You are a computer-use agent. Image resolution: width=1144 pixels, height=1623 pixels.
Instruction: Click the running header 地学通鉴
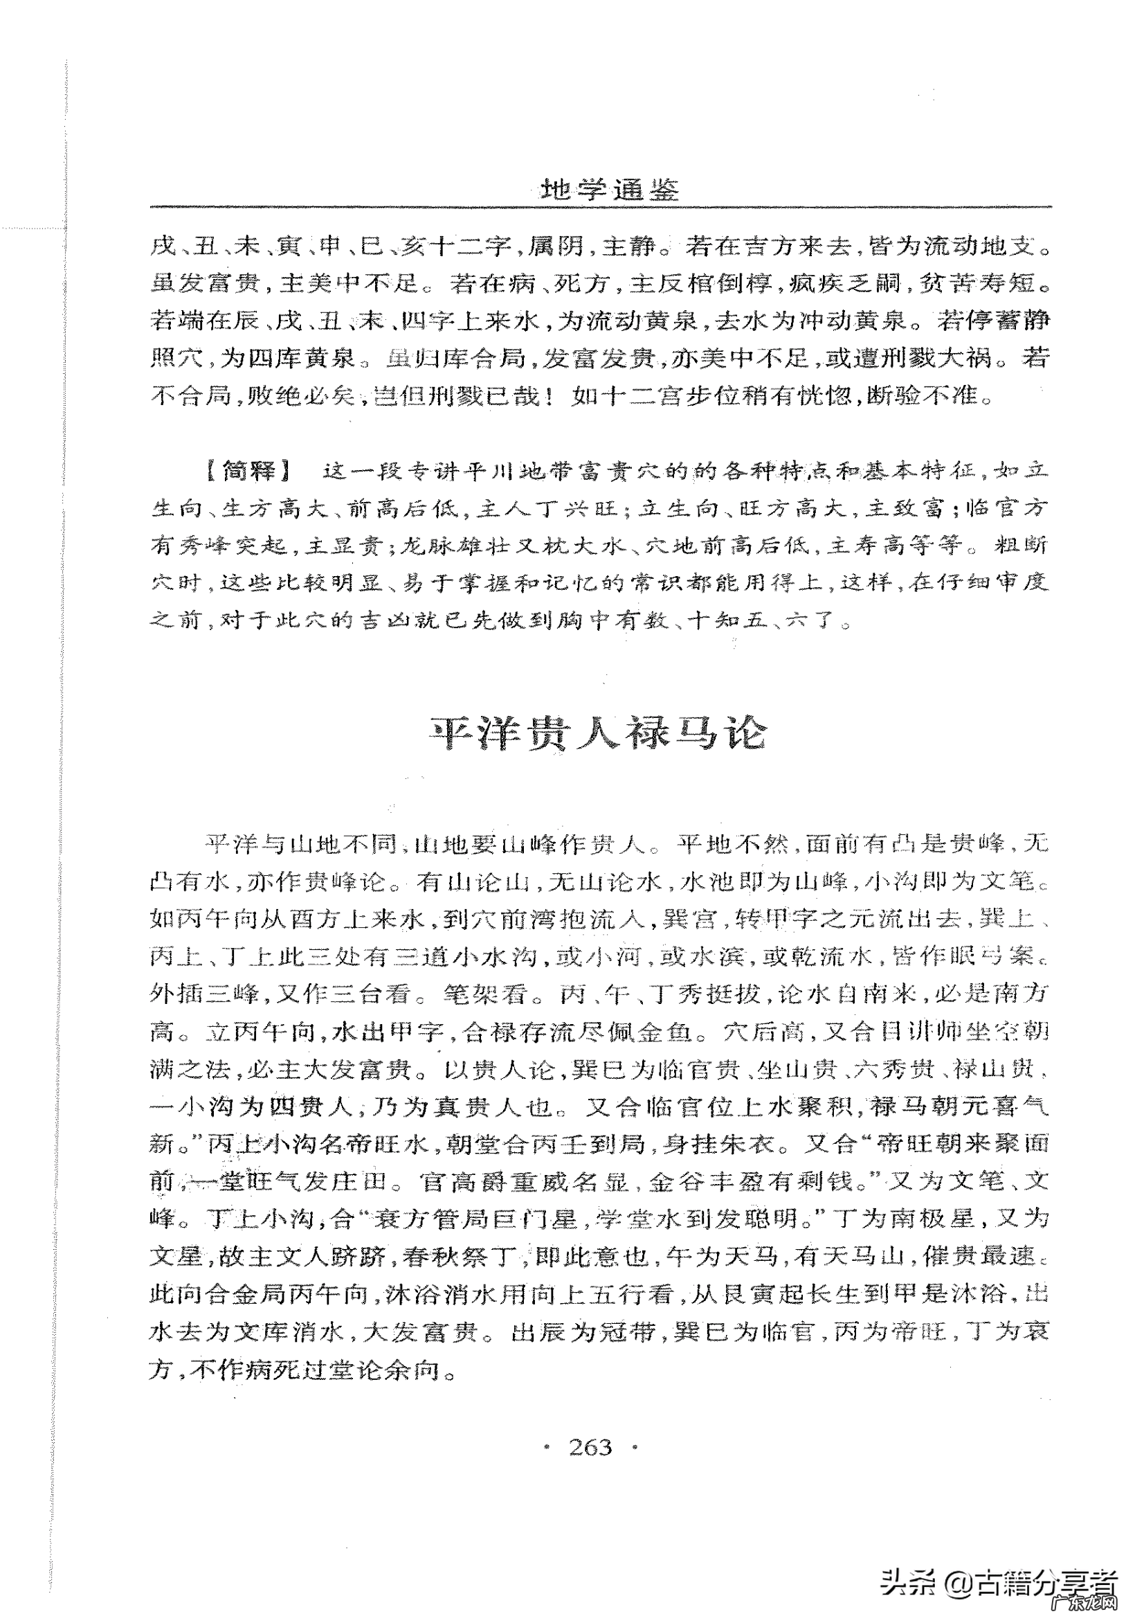608,190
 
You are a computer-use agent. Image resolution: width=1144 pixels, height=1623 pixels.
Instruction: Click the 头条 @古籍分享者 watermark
999,1583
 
